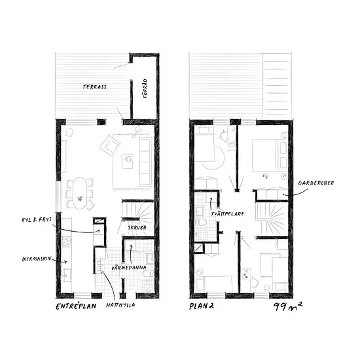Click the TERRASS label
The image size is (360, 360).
(95, 87)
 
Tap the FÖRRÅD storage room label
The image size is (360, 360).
(145, 88)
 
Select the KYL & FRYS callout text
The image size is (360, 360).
(37, 220)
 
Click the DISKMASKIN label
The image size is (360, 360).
(37, 259)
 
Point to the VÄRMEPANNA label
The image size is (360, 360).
(129, 268)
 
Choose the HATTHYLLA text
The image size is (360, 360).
(120, 305)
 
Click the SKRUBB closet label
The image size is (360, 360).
(137, 228)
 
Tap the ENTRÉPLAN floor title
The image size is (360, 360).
(76, 306)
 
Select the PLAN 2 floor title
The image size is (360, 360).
(202, 306)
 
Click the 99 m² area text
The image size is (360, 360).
(288, 306)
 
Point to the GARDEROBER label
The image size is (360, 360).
(316, 183)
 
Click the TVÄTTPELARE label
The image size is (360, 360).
(227, 214)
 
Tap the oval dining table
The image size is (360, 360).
(80, 193)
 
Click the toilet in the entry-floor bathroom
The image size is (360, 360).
(148, 274)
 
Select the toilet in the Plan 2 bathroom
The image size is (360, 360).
(201, 223)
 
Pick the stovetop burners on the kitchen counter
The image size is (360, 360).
(67, 242)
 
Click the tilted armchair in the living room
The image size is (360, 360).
(110, 145)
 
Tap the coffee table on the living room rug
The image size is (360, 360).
(127, 161)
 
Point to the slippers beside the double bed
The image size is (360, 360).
(265, 176)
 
